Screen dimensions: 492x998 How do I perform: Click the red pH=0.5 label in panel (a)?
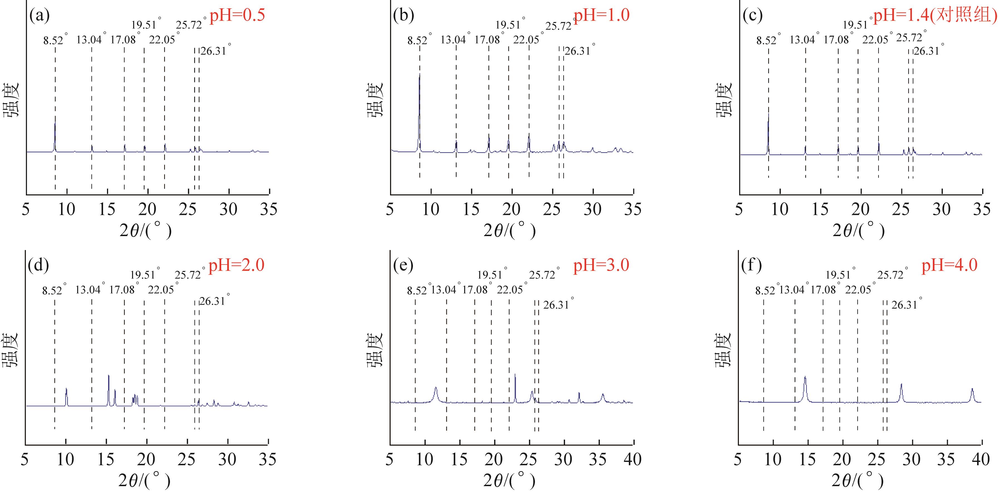point(237,15)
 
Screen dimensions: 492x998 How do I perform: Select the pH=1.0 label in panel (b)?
point(601,15)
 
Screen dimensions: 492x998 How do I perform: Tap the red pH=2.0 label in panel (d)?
point(236,265)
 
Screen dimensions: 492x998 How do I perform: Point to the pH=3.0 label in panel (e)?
point(601,265)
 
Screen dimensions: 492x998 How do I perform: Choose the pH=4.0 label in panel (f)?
point(949,265)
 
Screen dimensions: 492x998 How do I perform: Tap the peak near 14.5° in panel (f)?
point(805,377)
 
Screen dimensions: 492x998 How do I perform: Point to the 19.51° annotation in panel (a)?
point(144,25)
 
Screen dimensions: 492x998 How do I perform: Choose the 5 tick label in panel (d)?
point(25,459)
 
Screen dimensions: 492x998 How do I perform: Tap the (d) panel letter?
point(38,265)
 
